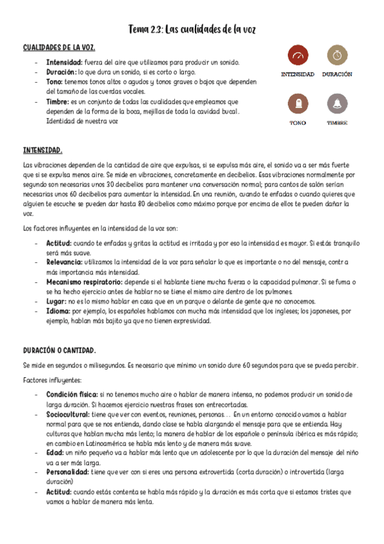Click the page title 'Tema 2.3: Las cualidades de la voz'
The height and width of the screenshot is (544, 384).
point(192,30)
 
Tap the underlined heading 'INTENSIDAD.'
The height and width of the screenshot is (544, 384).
point(42,150)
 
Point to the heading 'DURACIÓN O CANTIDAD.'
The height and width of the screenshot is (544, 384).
point(60,350)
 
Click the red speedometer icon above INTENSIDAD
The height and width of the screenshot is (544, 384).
point(297,56)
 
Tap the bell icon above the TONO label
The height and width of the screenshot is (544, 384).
point(297,104)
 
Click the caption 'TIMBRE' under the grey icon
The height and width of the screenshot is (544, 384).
point(337,122)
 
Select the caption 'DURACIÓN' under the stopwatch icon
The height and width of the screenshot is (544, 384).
point(337,74)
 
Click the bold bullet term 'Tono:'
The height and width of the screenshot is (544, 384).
point(55,81)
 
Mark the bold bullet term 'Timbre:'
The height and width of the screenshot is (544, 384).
point(58,101)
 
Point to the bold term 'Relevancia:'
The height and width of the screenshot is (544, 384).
point(63,262)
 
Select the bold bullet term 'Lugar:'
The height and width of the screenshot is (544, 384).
point(56,301)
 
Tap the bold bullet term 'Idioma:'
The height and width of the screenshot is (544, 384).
point(58,310)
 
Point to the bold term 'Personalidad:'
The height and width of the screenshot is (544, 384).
point(67,472)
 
